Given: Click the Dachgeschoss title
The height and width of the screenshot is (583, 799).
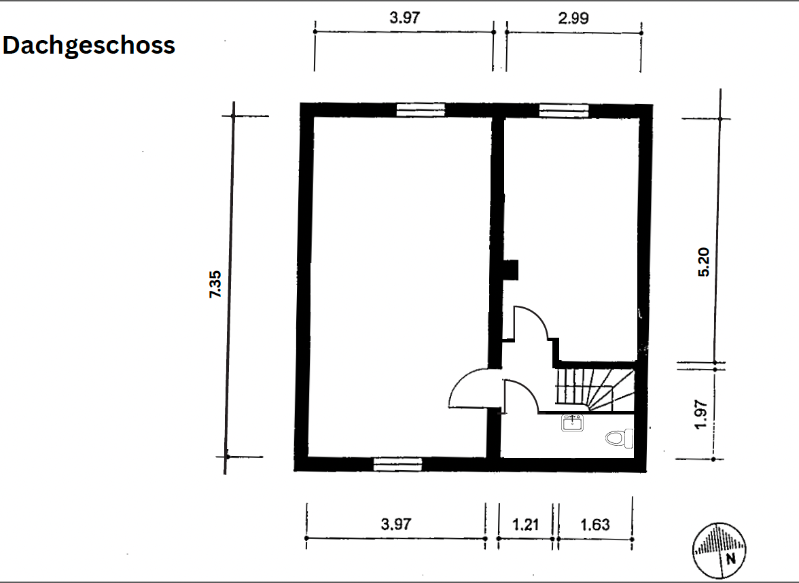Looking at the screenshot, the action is [x=88, y=46].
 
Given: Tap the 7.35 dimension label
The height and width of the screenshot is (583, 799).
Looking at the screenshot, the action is [x=215, y=284].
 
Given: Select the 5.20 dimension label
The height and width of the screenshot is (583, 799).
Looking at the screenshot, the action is [x=703, y=262].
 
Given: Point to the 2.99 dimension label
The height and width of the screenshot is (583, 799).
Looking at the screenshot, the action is [x=573, y=18].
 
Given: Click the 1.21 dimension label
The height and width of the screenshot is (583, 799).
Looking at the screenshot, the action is [x=525, y=525].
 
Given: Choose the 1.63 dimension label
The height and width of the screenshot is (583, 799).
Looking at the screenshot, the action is [x=595, y=525].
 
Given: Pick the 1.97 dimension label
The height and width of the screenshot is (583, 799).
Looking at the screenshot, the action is [x=701, y=414].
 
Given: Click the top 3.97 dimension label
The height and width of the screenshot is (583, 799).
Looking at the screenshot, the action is [x=405, y=18].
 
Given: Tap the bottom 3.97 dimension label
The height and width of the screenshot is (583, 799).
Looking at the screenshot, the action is [x=396, y=524].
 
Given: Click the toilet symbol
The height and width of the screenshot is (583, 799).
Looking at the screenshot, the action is [x=619, y=438].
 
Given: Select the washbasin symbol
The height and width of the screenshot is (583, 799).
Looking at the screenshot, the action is [x=572, y=423].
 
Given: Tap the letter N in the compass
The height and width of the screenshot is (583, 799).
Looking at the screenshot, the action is [x=731, y=559].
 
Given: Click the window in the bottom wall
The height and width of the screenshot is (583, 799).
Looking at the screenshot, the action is [x=398, y=463].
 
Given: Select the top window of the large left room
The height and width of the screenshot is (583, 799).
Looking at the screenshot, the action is [x=421, y=110].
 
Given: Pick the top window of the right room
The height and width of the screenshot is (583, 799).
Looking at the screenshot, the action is [x=564, y=110].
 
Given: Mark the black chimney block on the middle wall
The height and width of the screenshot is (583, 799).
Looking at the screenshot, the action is [x=510, y=270].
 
